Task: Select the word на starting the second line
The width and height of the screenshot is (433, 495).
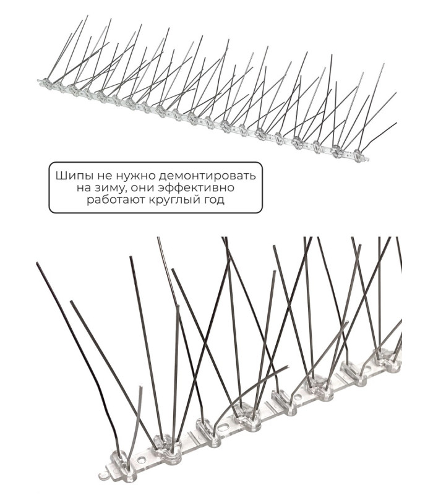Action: pos(84,189)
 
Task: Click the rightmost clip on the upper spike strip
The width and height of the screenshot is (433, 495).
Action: pos(358,155)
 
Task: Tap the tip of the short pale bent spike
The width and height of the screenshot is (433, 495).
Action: pos(141,386)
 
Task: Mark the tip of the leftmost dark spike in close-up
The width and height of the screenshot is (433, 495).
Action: pos(37,263)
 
